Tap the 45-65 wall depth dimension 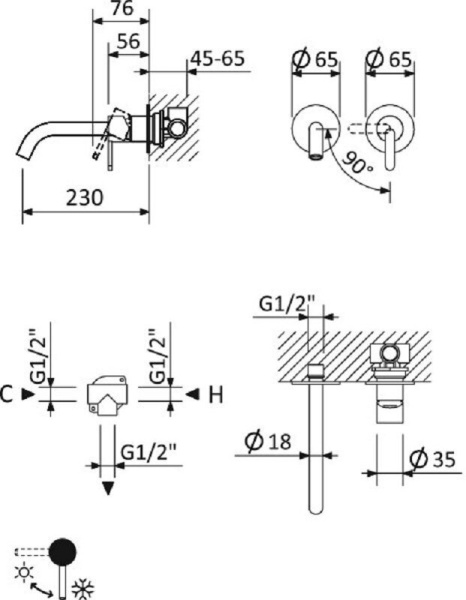[217, 59]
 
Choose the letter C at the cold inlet [9, 394]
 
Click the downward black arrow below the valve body [106, 488]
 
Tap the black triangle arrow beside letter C [29, 395]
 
